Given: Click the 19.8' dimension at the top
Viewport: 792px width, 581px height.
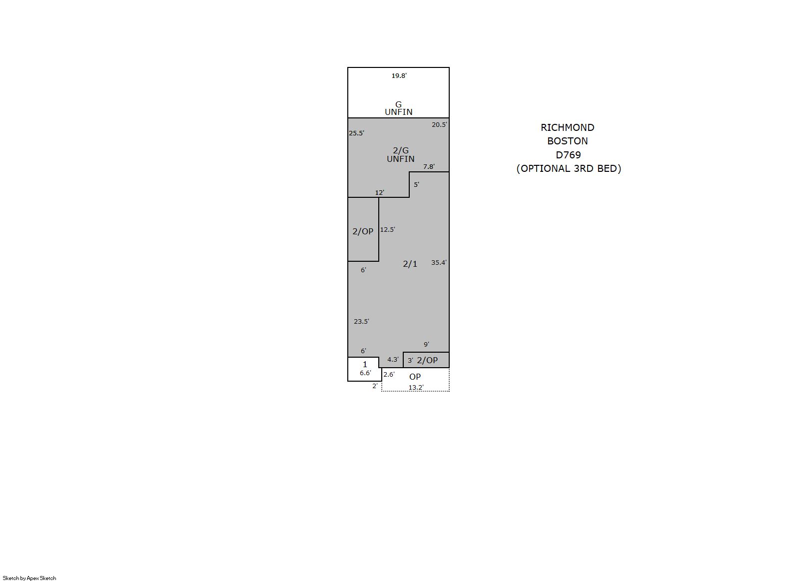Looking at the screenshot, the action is [399, 75].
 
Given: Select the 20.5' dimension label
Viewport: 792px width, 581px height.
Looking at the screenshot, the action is [439, 124].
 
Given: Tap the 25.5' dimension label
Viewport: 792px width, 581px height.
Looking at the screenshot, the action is [356, 133].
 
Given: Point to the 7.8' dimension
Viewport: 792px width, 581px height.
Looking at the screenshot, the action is [429, 166].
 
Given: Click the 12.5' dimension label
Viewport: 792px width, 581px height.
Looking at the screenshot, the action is [388, 230].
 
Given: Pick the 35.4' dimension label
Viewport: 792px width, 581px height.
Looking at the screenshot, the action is [439, 263].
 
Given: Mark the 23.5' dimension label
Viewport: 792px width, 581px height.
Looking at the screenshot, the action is [361, 322].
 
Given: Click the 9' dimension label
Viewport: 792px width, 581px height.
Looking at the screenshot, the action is [426, 344].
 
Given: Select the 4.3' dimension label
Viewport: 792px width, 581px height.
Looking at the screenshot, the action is [393, 359].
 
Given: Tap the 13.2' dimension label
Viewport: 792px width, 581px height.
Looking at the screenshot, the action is [416, 387].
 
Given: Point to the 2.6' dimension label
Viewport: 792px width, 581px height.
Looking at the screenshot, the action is [389, 374].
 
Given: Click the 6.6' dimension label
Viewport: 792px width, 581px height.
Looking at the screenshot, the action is [365, 373].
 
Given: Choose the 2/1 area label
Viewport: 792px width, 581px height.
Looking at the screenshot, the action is [410, 264].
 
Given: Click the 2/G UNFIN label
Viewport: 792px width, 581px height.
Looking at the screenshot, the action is [400, 155].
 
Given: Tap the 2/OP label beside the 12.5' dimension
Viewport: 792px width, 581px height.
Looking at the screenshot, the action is [363, 231].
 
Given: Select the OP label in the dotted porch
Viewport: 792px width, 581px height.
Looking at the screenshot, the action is [415, 377].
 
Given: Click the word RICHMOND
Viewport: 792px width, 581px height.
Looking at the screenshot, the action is [568, 127].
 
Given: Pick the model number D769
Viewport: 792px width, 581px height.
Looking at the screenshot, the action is [568, 155].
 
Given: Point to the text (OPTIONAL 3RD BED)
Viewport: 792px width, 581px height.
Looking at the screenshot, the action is [569, 168].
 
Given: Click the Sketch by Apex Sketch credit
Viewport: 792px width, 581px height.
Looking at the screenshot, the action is [29, 578].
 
